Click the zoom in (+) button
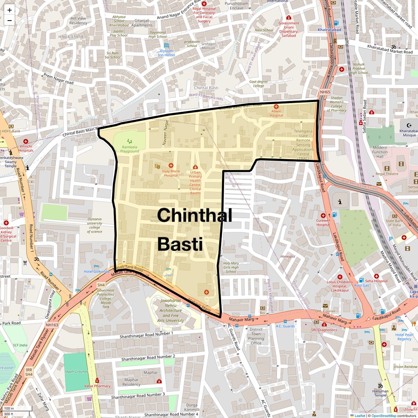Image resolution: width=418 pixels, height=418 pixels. pos(10,10)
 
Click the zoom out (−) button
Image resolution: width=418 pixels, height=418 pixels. pos(10,21)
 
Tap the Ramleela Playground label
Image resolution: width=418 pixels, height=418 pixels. pos(129,149)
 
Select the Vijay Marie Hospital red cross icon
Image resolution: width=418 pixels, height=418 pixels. pos(171,166)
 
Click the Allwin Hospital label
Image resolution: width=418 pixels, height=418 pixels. pos(276,113)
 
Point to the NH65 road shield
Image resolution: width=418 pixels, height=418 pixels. pos(325,92)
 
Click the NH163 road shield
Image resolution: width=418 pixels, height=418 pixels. pos(52,325)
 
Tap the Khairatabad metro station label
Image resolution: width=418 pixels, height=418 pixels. pos(329,30)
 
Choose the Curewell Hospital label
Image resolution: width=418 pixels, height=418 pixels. pos(323,223)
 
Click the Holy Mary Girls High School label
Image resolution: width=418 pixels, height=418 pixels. pos(231,267)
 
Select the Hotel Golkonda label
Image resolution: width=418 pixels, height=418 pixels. pos(96,272)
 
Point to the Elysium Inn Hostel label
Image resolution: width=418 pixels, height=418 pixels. pos(166,53)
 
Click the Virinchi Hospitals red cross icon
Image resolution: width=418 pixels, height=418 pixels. pos(26,142)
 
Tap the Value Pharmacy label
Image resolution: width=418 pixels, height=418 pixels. pos(97,386)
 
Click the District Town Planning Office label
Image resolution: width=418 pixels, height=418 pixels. pos(256,336)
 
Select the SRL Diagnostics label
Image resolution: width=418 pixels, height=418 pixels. pos(324,330)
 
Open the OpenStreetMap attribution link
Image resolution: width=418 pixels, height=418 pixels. pos(384,415)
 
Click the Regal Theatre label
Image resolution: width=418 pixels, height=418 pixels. pos(387,174)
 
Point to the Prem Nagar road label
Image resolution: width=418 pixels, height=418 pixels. pos(58,78)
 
